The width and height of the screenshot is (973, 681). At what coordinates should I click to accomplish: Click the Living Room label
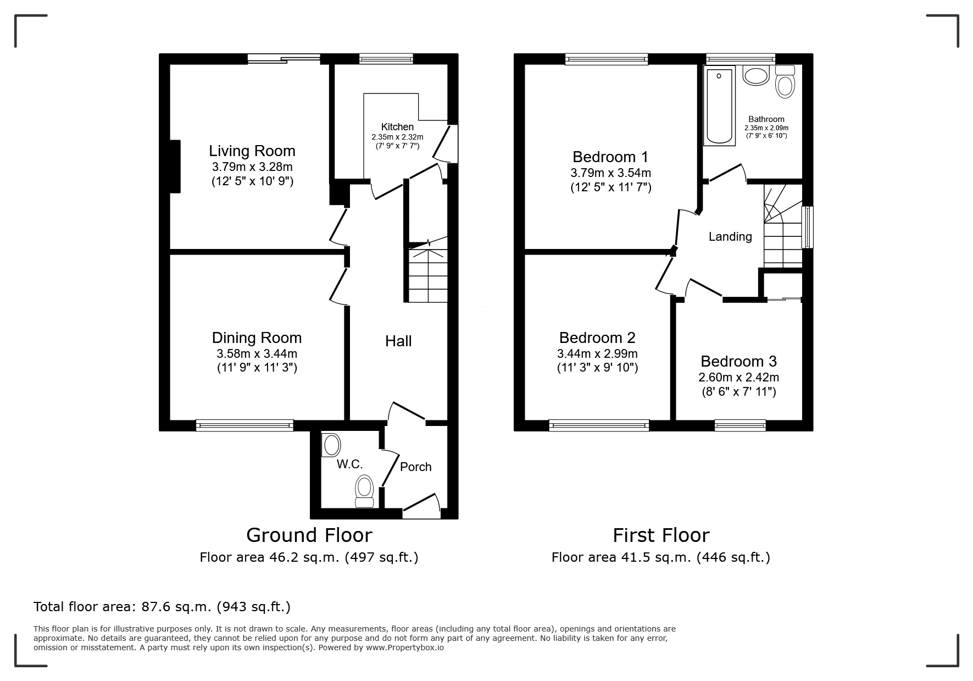pos(252,151)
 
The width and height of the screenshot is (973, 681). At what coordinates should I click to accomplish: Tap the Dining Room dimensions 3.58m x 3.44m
pos(257,354)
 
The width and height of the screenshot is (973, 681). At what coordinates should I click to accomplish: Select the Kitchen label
pos(397,127)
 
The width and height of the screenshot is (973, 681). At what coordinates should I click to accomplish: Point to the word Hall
pos(398,341)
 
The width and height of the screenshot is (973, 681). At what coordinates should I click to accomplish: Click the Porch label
pos(415,467)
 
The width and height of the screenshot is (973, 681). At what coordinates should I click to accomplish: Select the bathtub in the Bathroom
pos(719,107)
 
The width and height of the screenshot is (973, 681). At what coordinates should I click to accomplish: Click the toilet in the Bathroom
pos(785,82)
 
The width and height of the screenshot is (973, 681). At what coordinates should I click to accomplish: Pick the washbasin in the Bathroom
pos(756,75)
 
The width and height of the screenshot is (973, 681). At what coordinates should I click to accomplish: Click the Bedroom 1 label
pos(610,157)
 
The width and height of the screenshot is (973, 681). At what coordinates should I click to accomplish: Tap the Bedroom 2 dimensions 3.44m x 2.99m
pos(597,354)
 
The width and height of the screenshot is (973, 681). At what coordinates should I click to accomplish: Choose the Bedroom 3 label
pos(738,361)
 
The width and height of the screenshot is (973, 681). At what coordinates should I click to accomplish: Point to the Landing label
pos(730,236)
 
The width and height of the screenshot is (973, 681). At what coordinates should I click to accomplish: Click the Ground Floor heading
pos(309,535)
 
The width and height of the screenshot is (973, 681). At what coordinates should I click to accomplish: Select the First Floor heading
pos(661,535)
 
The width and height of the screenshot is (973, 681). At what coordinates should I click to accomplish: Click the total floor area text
pos(162,607)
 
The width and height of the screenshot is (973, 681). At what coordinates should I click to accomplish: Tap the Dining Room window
pos(244,425)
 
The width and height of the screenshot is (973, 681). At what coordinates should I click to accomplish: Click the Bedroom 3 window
pos(741,425)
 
